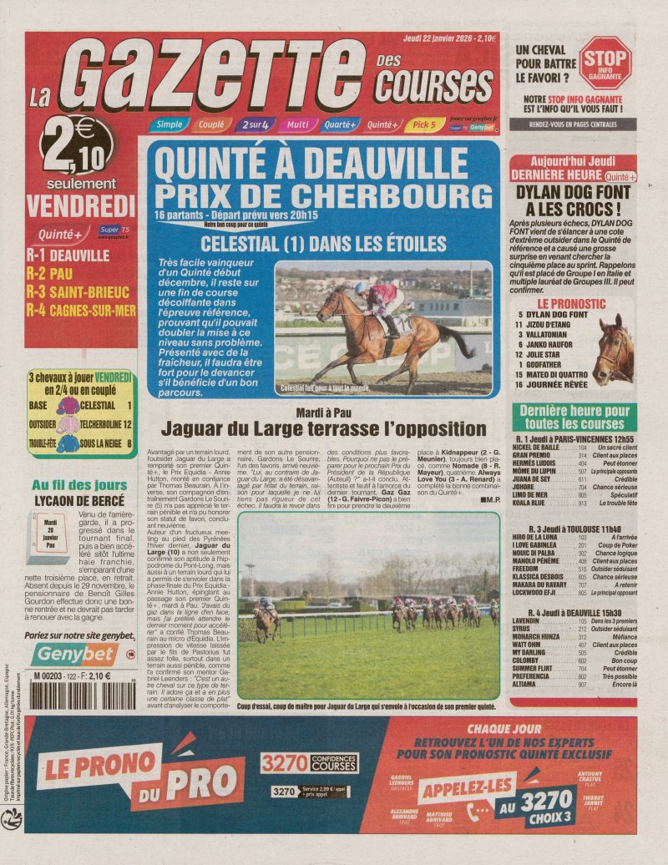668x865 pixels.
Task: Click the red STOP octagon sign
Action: pyautogui.click(x=605, y=63)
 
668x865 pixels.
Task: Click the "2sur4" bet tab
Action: pyautogui.click(x=254, y=125)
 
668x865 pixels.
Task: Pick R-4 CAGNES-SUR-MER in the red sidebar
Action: pyautogui.click(x=80, y=311)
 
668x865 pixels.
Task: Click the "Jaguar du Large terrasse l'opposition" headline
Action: pyautogui.click(x=323, y=429)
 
